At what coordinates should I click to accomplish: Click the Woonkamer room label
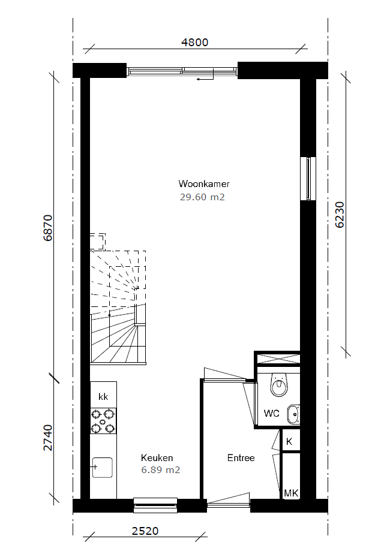click(204, 183)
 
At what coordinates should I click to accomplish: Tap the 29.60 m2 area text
click(202, 197)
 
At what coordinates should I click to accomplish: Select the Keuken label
click(157, 457)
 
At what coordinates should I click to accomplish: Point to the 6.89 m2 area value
click(160, 470)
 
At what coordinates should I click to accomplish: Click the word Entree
click(241, 457)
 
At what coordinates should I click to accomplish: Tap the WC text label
click(271, 413)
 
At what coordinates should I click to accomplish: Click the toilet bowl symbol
click(278, 385)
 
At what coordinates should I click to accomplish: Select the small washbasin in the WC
click(293, 415)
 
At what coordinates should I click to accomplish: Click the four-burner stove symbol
click(103, 421)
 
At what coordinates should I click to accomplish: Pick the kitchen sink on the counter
click(102, 468)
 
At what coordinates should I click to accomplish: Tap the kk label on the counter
click(103, 396)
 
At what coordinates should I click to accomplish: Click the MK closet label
click(291, 493)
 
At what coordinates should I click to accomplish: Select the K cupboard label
click(289, 442)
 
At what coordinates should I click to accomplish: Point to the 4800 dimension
click(195, 42)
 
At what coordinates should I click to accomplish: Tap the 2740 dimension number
click(47, 438)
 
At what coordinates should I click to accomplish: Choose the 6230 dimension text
click(340, 215)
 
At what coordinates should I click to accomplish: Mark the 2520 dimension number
click(145, 531)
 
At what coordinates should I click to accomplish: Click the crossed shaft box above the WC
click(278, 359)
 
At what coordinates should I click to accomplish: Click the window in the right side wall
click(308, 179)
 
